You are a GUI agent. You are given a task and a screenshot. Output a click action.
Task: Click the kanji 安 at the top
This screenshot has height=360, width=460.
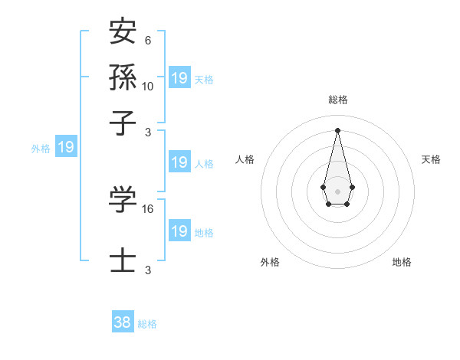pos(123,33)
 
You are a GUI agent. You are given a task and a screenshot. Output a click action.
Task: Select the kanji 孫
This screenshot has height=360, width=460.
pos(123,77)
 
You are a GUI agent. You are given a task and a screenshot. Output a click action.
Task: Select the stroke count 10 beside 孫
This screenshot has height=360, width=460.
pos(148,87)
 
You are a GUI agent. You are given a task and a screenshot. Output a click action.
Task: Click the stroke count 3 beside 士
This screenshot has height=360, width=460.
pos(148,270)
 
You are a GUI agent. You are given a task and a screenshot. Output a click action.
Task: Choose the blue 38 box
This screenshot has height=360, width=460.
pos(123,322)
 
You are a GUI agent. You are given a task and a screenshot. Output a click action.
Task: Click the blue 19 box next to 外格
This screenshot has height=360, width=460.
pos(66,147)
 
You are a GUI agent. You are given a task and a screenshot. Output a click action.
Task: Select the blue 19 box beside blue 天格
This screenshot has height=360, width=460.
pos(179,78)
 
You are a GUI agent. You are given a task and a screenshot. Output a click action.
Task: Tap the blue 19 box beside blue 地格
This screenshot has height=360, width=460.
pos(179,231)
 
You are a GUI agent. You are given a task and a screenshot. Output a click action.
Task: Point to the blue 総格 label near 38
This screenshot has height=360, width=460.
pos(147,324)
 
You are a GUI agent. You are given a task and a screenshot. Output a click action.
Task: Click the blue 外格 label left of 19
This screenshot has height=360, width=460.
pos(41,149)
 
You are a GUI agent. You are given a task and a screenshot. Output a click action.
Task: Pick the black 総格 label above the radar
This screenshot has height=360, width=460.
pos(337,100)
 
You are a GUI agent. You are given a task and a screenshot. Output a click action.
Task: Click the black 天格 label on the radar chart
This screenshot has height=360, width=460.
pos(432,159)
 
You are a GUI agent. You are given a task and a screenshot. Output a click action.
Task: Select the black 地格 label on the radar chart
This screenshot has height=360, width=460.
pos(402,262)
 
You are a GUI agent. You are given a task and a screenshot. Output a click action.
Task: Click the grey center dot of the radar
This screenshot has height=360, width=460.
pos(337,190)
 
